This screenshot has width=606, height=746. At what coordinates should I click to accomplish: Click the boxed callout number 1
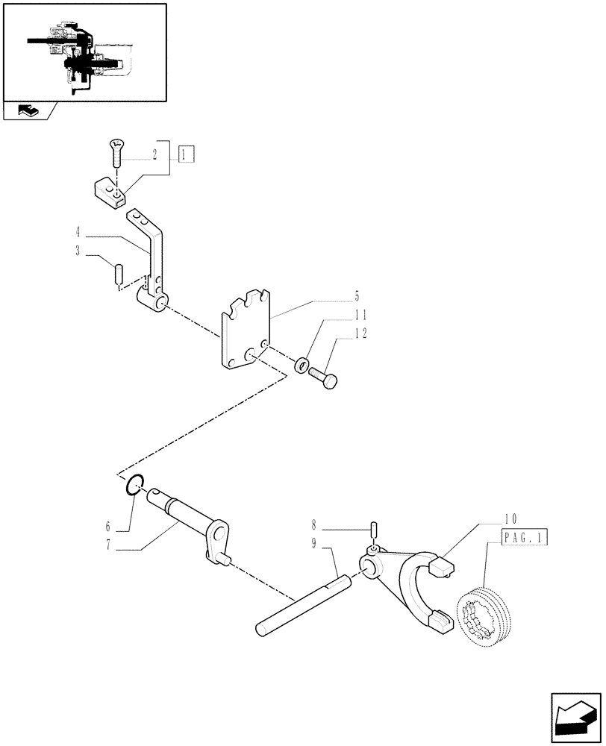(x=186, y=154)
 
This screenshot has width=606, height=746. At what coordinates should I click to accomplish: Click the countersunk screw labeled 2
(x=116, y=154)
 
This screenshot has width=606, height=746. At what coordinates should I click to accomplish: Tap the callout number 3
(x=78, y=251)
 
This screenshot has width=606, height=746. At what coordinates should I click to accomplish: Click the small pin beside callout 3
(x=118, y=273)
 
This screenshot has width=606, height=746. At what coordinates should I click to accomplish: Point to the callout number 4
(x=78, y=232)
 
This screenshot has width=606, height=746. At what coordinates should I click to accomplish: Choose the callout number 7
(x=109, y=545)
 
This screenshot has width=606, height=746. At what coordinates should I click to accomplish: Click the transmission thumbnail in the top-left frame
(x=84, y=51)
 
